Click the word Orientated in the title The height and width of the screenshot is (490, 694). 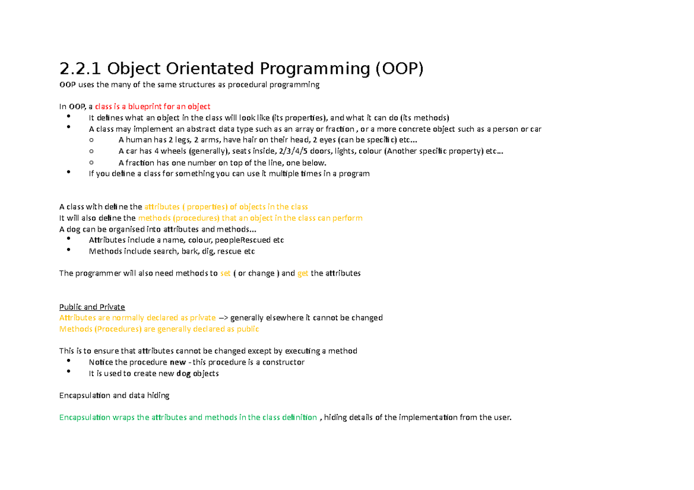click(208, 69)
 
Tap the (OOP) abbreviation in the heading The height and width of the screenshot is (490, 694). click(400, 69)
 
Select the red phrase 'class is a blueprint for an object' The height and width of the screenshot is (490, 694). click(153, 106)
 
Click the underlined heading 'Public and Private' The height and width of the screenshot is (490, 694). click(92, 307)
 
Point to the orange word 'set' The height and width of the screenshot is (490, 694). click(226, 273)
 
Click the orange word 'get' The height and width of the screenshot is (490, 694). click(302, 273)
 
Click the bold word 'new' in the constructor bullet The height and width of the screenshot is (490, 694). click(178, 362)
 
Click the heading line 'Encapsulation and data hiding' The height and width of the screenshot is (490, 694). click(114, 395)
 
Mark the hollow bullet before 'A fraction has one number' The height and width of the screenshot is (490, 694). click(91, 162)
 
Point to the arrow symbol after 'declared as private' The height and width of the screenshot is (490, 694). click(223, 318)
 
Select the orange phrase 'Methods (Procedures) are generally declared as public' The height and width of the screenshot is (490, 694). click(159, 329)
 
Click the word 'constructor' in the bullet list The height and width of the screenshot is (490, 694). click(283, 362)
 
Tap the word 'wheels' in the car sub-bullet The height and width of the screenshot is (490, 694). click(175, 151)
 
